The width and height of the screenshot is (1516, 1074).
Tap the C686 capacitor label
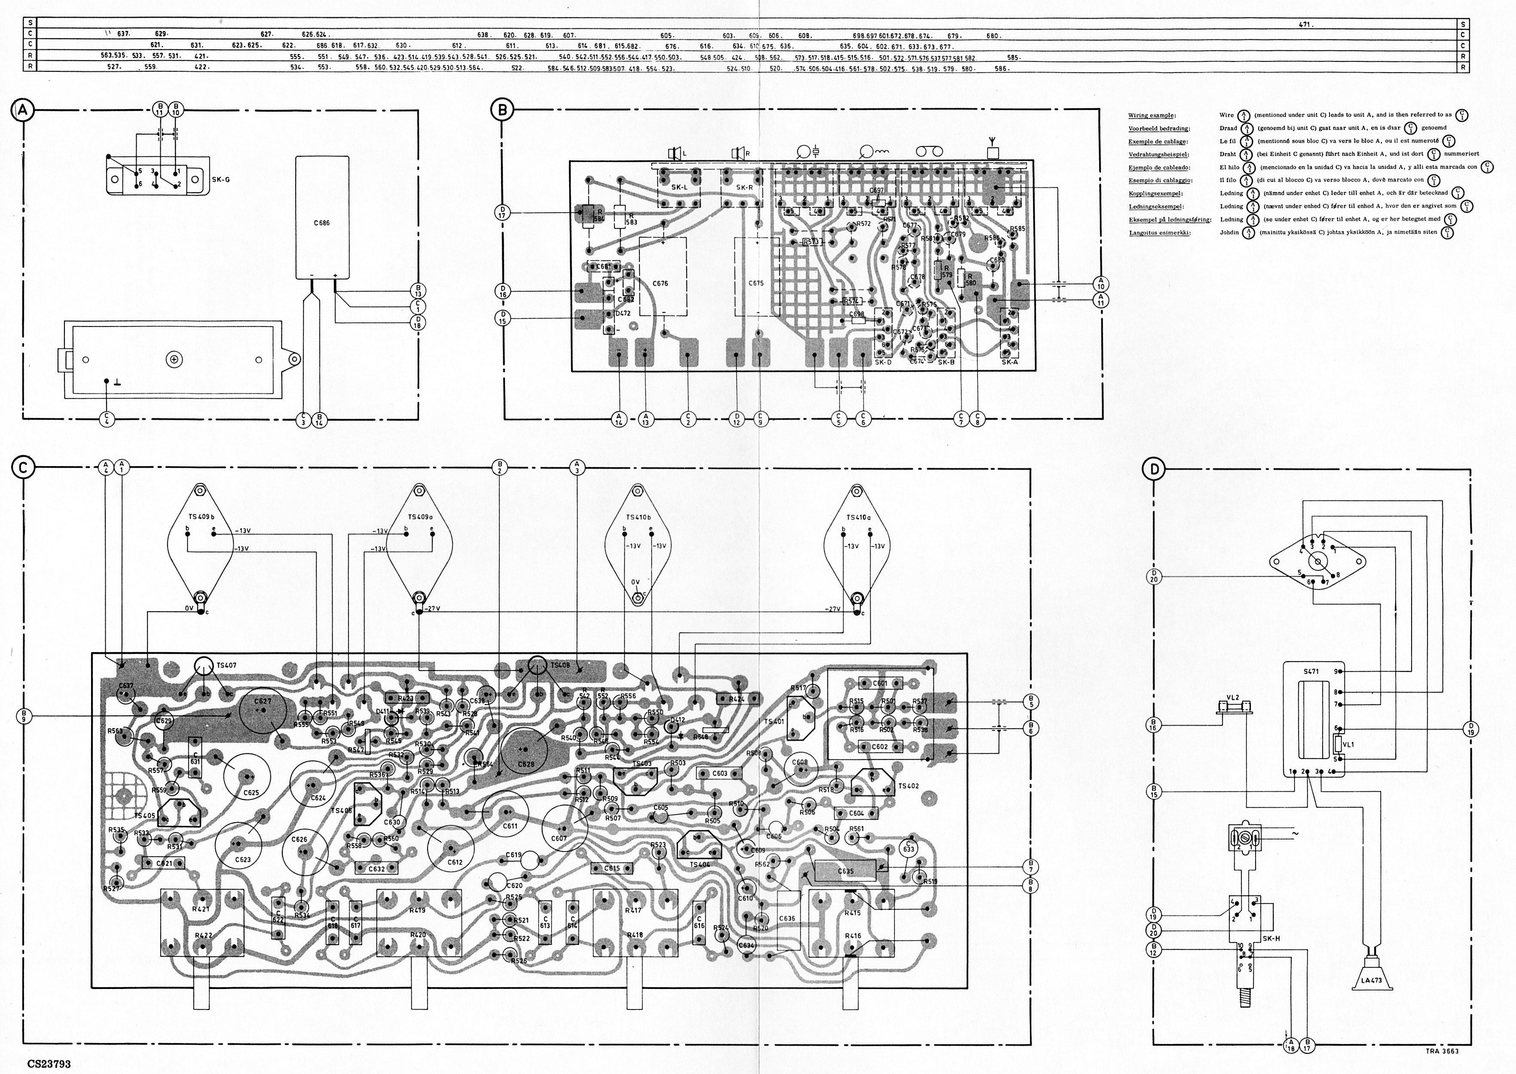click(322, 223)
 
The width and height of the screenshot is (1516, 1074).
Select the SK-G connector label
click(221, 180)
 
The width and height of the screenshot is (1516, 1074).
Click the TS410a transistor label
click(859, 517)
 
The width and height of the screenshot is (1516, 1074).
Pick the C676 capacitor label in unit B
click(660, 283)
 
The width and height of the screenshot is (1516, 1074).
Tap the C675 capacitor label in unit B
click(756, 283)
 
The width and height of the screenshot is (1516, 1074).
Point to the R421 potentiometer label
click(201, 909)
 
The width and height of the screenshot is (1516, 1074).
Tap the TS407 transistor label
click(226, 664)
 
